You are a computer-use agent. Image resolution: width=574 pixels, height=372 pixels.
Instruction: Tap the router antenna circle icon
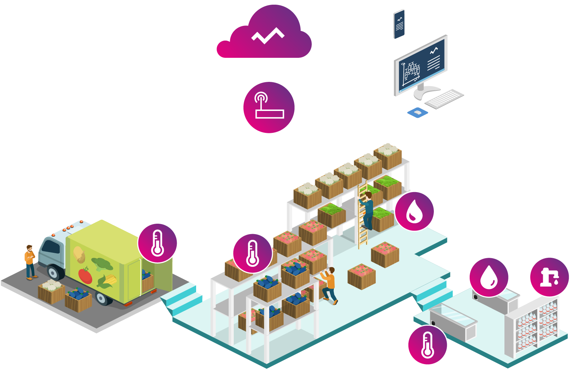(269, 107)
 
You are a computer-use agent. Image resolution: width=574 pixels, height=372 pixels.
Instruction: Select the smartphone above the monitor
(399, 24)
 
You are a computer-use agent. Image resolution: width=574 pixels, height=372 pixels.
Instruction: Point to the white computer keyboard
(445, 98)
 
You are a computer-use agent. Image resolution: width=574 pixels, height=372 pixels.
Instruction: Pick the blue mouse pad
(418, 113)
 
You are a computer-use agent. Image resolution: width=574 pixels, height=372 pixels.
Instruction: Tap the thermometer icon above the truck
(157, 243)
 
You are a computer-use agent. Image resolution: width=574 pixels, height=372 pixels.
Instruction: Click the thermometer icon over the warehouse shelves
(252, 253)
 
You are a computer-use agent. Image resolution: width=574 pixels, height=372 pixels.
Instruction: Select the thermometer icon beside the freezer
(427, 345)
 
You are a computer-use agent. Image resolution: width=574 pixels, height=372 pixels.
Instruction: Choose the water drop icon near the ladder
(414, 211)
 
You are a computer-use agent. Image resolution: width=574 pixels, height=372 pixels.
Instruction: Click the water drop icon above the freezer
(489, 277)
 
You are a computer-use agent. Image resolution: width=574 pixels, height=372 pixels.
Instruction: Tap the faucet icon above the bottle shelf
(549, 277)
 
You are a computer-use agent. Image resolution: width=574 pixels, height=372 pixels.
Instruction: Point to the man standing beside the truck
(30, 262)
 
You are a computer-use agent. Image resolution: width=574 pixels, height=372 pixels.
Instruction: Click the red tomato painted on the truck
(85, 275)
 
